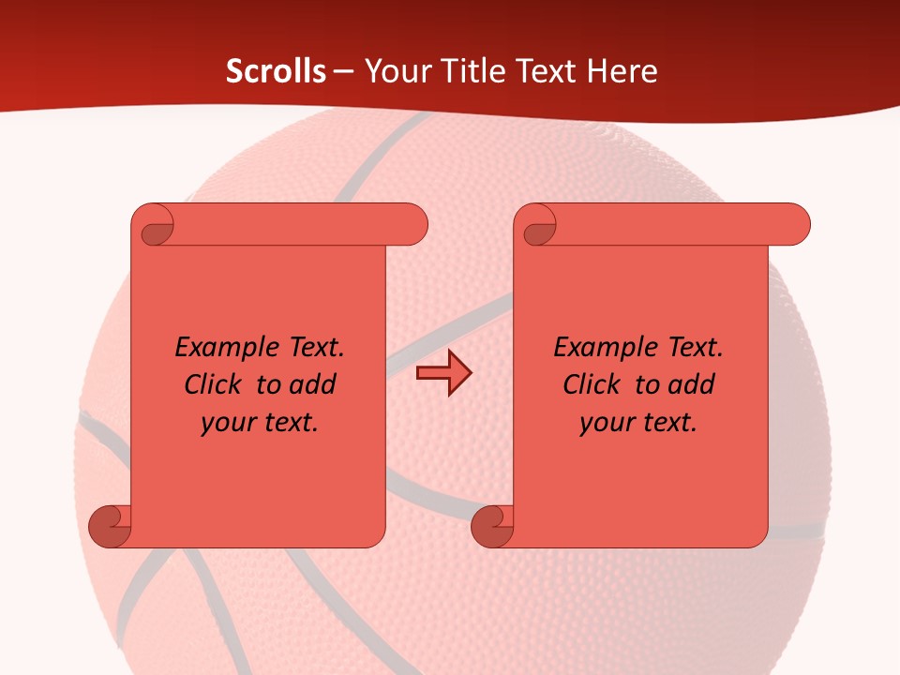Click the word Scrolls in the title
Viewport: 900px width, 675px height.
click(x=276, y=71)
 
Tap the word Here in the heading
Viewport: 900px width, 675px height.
click(x=622, y=71)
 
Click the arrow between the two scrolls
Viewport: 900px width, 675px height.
click(x=443, y=373)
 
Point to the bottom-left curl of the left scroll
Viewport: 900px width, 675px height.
click(x=111, y=526)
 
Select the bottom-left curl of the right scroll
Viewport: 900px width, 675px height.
click(x=492, y=526)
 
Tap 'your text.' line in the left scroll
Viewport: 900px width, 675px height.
click(x=260, y=422)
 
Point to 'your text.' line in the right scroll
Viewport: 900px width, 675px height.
click(x=638, y=422)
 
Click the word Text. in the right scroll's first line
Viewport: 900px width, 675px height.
click(x=695, y=348)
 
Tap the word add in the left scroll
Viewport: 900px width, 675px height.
click(x=312, y=384)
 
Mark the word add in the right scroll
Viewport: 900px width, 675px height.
click(x=691, y=384)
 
